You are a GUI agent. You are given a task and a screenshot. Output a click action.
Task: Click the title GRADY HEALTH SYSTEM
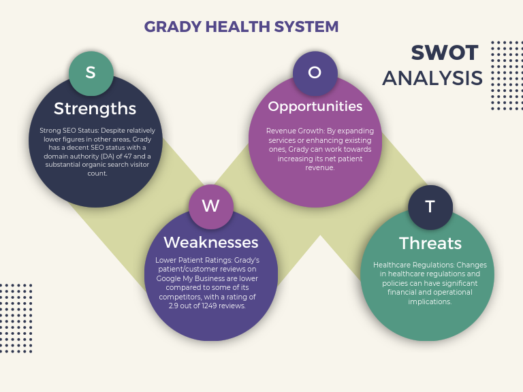pos(241,27)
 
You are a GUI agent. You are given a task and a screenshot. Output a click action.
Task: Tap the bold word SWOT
pos(445,53)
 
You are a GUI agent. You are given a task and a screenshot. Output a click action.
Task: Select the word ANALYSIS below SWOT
pos(432,78)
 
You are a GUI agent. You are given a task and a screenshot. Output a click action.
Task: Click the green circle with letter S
pos(91,73)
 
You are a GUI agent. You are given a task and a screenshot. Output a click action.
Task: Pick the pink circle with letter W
pos(210,206)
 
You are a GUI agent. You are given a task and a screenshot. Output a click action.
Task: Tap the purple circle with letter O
pos(315,73)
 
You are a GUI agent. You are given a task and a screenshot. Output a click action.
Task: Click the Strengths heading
pos(95,108)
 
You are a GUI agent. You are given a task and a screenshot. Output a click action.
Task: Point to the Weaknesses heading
pos(210,242)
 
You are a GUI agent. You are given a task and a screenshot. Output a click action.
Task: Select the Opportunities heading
pos(315,106)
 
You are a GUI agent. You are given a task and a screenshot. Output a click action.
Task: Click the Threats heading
pos(430,243)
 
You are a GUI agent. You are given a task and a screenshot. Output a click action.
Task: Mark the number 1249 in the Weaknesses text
pos(208,306)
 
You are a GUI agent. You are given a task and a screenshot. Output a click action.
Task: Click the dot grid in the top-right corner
pos(506,75)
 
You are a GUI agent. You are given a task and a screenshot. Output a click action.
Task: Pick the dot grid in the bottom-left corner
pos(16,310)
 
